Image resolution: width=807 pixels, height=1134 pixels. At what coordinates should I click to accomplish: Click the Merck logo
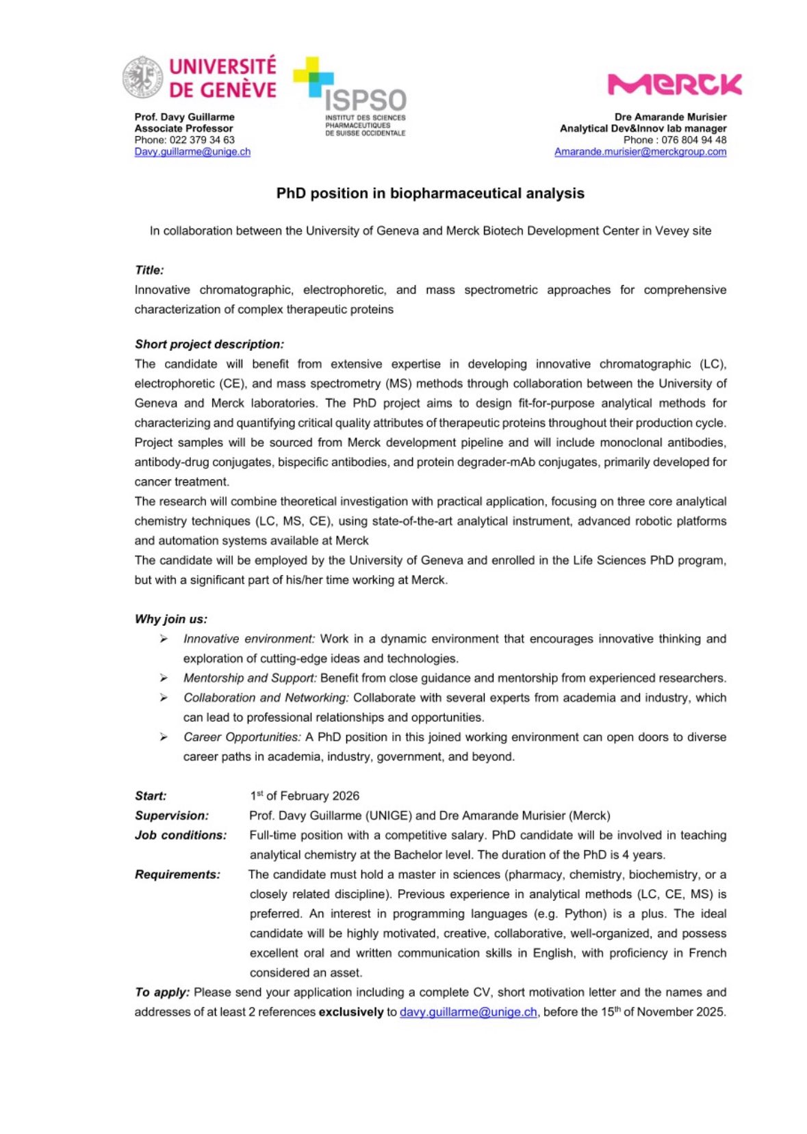coord(674,84)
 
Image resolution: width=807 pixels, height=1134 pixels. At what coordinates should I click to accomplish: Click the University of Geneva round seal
coord(142,77)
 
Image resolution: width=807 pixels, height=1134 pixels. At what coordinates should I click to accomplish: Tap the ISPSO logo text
coord(366,101)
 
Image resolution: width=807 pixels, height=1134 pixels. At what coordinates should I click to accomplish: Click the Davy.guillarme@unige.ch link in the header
coord(192,152)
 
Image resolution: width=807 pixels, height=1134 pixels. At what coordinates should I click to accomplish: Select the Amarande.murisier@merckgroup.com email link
coord(640,152)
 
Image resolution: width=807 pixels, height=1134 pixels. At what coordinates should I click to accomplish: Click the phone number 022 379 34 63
coord(202,140)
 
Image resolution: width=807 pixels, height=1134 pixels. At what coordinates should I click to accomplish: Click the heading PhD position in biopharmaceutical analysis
coord(430,194)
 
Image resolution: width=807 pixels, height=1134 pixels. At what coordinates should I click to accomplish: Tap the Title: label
coord(149,270)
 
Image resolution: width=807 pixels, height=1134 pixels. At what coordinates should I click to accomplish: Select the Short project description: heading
coord(209,344)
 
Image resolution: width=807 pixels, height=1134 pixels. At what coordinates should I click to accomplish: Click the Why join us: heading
coord(170,619)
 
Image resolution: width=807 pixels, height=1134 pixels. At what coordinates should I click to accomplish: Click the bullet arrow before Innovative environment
coord(164,639)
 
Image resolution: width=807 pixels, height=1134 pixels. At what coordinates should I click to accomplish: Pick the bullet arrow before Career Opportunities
coord(164,737)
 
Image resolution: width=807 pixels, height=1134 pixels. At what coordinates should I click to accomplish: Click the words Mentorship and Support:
coord(250,678)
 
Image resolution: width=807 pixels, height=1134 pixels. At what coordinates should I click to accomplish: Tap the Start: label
coord(151,796)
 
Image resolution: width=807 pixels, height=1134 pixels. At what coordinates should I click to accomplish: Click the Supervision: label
coord(171,816)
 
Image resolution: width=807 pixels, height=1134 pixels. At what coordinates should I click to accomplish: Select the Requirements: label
coord(177,875)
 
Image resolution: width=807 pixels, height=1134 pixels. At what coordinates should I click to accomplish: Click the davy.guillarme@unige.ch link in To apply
coord(468,1012)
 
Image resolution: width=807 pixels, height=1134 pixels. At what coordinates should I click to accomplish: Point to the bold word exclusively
coord(351,1012)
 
